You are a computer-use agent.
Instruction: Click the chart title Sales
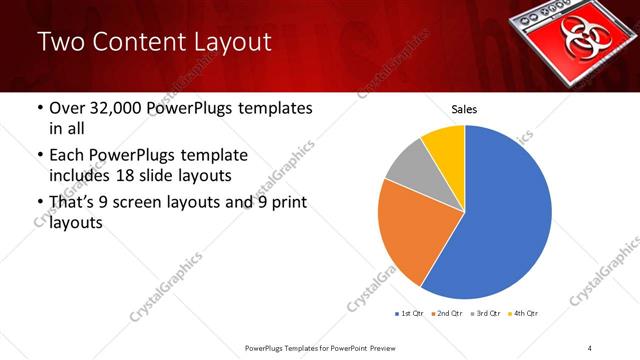[464, 108]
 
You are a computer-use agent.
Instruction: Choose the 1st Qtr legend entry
[412, 314]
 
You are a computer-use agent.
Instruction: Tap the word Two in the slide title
[59, 42]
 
